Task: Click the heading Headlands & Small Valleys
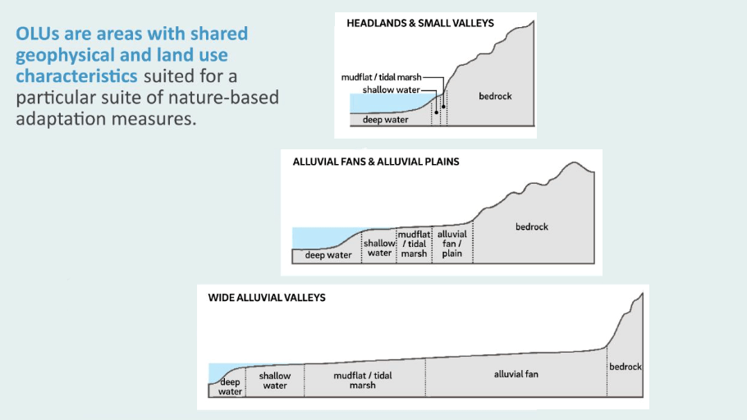tap(419, 23)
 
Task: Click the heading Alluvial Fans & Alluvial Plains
tap(376, 162)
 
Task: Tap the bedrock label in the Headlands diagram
tap(495, 96)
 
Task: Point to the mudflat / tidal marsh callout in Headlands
tap(382, 77)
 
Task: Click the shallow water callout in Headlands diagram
tap(391, 89)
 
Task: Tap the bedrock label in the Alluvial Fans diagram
tap(532, 226)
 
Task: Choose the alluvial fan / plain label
tap(452, 244)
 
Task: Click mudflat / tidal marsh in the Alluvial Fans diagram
tap(415, 244)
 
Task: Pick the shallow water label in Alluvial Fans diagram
tap(379, 248)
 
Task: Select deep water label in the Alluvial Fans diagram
tap(328, 255)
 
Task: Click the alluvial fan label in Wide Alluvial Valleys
tap(516, 374)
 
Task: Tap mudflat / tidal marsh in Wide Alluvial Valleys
tap(363, 380)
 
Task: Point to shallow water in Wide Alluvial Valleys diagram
tap(275, 381)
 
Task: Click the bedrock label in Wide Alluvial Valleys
tap(625, 367)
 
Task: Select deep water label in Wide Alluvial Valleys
tap(231, 386)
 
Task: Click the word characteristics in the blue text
tap(76, 76)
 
